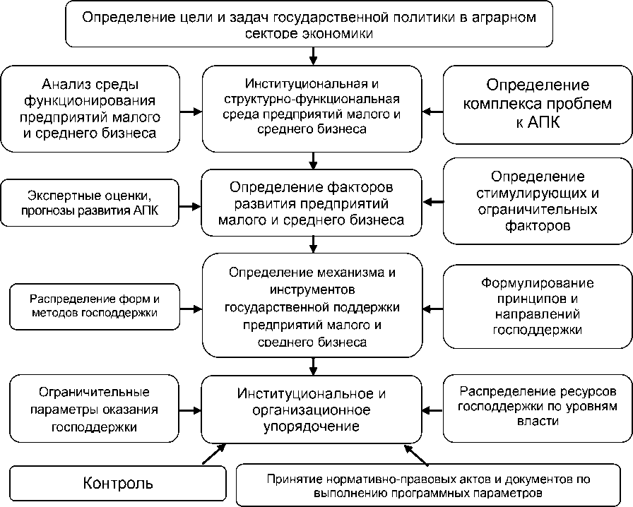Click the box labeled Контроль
coord(118,484)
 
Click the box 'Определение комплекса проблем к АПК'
coord(537,105)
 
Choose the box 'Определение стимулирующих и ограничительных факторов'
coord(537,201)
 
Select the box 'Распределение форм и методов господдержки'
coord(94,305)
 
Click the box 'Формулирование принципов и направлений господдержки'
coord(537,306)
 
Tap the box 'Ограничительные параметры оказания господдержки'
coord(94,409)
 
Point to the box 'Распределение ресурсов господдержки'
coord(537,406)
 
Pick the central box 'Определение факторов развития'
coord(312,204)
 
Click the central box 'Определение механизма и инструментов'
coord(312,307)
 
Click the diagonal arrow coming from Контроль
coord(214,454)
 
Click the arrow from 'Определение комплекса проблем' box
coord(432,110)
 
